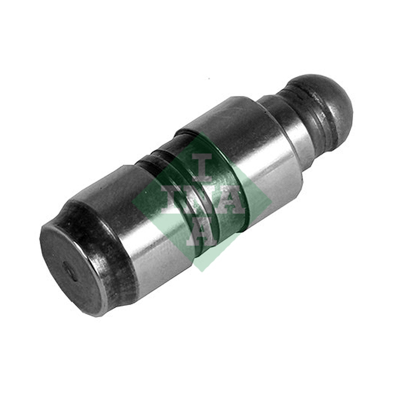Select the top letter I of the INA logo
tap(203, 167)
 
